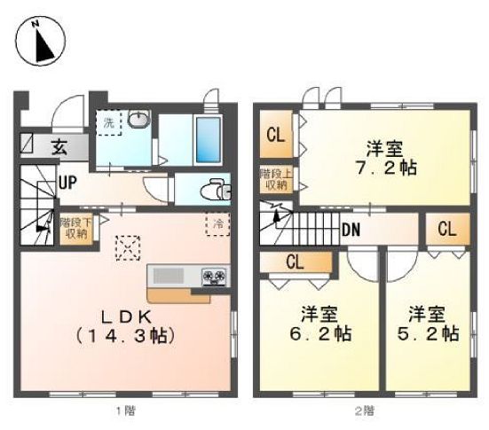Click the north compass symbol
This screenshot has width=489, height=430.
pos(38,43)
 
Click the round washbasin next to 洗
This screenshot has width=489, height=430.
pos(138,121)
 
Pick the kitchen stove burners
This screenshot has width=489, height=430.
pos(215,276)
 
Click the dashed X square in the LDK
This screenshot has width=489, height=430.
pos(129,246)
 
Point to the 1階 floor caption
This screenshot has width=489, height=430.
pos(123,410)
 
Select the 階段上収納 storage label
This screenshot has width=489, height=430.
pos(274,179)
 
